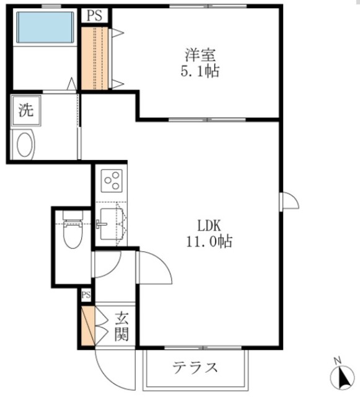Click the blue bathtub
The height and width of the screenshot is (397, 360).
tap(45, 28)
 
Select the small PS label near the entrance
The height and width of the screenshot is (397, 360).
tap(86, 294)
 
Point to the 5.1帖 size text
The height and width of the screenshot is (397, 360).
tap(200, 71)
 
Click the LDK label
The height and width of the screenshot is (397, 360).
tap(209, 225)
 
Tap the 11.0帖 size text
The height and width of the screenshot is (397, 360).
tap(209, 242)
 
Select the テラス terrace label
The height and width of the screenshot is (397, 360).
tap(195, 367)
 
